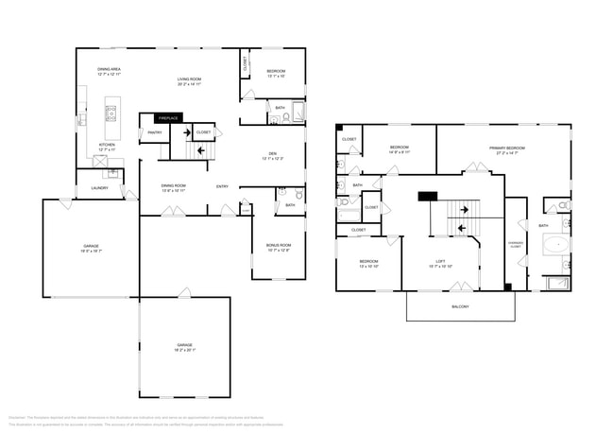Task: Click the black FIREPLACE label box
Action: [x=169, y=118]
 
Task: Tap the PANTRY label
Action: [x=154, y=132]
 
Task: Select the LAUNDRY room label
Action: [x=99, y=188]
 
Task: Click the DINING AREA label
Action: [x=110, y=69]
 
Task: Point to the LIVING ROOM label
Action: [x=190, y=78]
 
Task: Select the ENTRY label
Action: [x=222, y=186]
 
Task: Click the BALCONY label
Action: [x=458, y=306]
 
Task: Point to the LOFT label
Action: [x=440, y=262]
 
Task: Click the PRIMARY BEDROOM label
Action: [x=507, y=148]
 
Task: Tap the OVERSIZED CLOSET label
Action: [x=516, y=243]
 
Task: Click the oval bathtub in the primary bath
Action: [x=556, y=246]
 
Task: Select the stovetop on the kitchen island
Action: [x=111, y=113]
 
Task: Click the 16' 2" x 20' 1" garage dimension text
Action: [x=185, y=349]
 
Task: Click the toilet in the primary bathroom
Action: [x=561, y=205]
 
